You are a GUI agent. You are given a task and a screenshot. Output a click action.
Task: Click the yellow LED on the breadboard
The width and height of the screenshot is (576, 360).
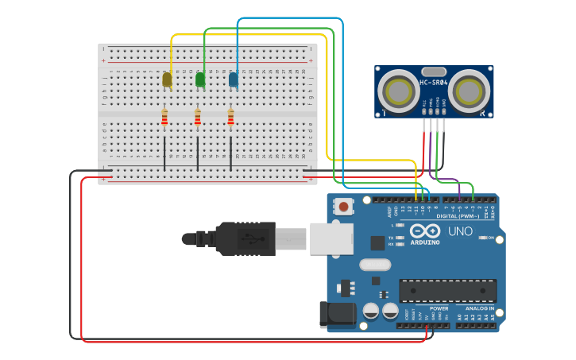tap(167, 79)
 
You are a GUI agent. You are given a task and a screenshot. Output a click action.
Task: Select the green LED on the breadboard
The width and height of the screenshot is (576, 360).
tap(200, 79)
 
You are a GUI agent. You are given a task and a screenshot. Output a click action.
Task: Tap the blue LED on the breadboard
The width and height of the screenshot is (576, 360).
tap(234, 79)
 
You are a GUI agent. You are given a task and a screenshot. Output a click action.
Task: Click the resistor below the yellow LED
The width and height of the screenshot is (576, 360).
tap(164, 118)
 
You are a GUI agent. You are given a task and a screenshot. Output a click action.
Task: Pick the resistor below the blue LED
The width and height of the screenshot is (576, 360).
tap(231, 118)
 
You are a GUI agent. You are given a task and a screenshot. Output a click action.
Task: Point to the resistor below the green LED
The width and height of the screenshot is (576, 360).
tap(198, 118)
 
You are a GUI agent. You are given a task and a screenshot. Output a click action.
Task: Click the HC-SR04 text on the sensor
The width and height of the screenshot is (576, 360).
tap(434, 82)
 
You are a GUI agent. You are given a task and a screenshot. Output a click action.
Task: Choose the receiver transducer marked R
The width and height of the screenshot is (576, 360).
tap(472, 92)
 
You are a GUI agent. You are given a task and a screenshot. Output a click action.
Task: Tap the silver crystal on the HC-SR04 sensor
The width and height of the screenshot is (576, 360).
tap(434, 71)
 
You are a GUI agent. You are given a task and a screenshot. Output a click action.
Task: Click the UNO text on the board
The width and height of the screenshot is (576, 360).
tap(460, 232)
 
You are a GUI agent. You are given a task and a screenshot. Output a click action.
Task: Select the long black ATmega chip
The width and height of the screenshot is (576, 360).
tap(447, 290)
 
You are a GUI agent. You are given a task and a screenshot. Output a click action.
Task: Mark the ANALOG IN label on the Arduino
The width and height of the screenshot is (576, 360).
tap(480, 308)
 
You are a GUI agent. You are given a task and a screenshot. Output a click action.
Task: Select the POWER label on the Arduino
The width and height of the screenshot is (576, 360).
tap(439, 308)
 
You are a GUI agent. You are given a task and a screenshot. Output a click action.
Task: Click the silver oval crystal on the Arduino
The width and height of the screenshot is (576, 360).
tap(375, 265)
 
